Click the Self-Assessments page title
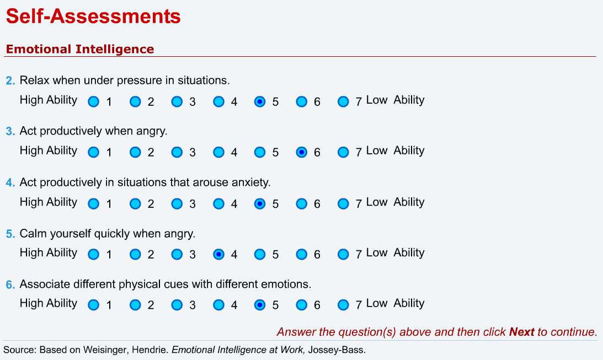point(93,17)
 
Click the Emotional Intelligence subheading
point(79,49)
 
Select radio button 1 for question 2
point(94,101)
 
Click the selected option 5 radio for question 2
point(260,101)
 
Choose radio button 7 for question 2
point(343,101)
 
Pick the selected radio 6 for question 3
point(301,152)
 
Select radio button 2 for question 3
point(135,152)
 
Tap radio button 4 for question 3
point(218,152)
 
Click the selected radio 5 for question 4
point(260,203)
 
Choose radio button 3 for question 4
point(177,203)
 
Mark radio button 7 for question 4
point(343,203)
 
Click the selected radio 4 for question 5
point(218,254)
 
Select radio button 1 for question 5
point(94,254)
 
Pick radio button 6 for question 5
point(301,254)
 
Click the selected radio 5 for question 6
point(260,305)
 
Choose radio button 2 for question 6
point(135,305)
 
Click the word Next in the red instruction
point(521,332)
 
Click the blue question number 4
point(10,182)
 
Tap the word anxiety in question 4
point(251,182)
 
